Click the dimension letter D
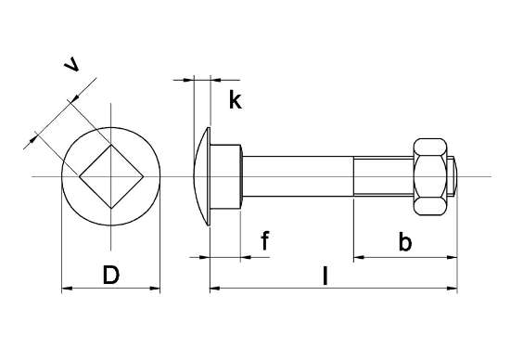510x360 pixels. click(111, 275)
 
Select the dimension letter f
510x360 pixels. click(265, 240)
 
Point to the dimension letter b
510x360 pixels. click(405, 241)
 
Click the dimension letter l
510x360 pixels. click(325, 276)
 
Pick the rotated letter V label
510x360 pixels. click(71, 64)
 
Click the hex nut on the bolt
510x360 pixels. click(430, 176)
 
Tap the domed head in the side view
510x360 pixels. click(201, 176)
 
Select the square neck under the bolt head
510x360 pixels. click(225, 176)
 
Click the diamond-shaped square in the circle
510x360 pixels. click(111, 176)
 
